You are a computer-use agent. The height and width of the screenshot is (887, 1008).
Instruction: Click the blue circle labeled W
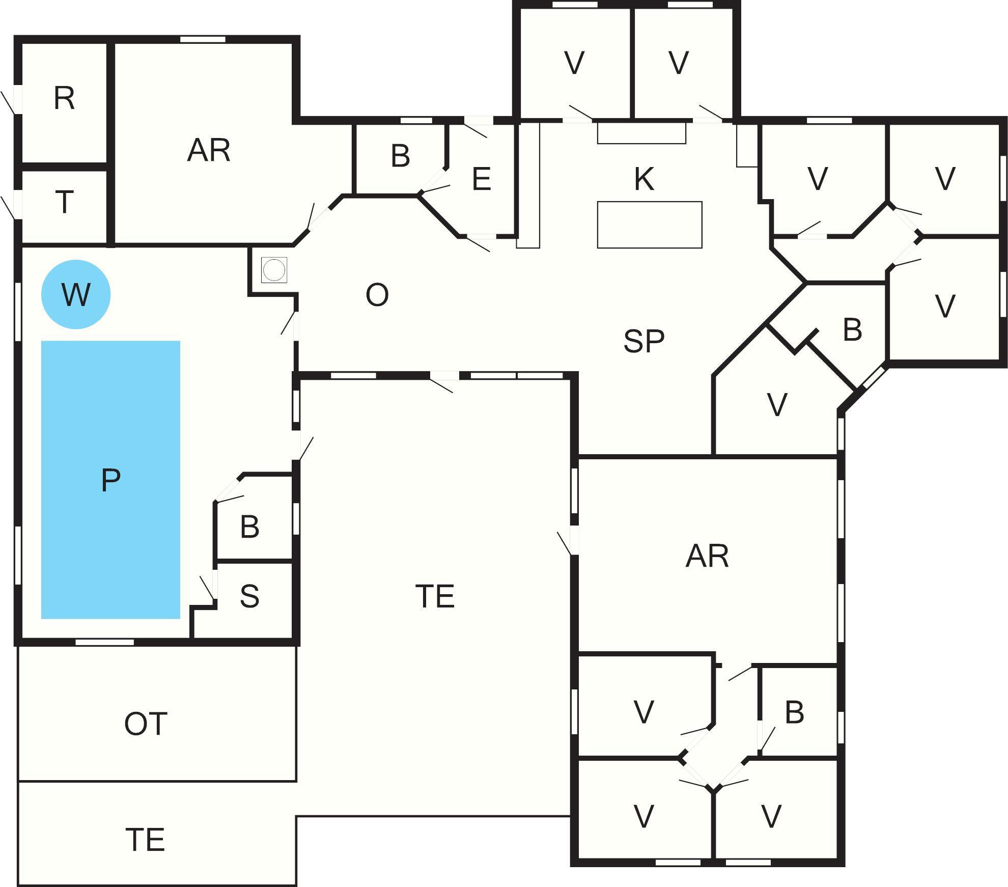point(75,294)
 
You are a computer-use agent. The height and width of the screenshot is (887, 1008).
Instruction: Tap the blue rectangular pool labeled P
point(110,479)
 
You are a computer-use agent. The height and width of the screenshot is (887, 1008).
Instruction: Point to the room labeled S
point(249,596)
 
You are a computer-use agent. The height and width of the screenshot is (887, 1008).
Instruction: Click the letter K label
point(644,179)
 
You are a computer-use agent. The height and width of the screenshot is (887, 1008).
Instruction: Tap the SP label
point(643,341)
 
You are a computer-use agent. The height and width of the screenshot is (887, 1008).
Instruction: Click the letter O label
point(377,295)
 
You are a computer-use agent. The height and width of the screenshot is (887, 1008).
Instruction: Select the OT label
point(146,724)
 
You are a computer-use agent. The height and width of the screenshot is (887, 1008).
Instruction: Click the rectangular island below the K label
point(649,225)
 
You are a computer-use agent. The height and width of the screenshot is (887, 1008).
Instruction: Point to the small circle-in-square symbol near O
point(274,270)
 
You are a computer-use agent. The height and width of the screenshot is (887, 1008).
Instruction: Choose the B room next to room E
point(401,156)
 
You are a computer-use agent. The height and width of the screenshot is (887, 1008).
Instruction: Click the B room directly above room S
point(249,527)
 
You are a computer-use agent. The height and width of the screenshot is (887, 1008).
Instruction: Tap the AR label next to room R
point(209,150)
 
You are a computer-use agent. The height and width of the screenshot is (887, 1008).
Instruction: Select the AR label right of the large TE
point(707,556)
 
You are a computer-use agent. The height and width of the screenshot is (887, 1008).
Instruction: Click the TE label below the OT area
point(145,840)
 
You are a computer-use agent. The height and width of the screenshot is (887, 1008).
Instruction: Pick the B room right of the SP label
point(852,330)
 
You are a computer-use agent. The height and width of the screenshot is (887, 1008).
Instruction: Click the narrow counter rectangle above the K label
point(641,133)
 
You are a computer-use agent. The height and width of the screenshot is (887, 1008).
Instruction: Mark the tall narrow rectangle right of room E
point(528,185)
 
